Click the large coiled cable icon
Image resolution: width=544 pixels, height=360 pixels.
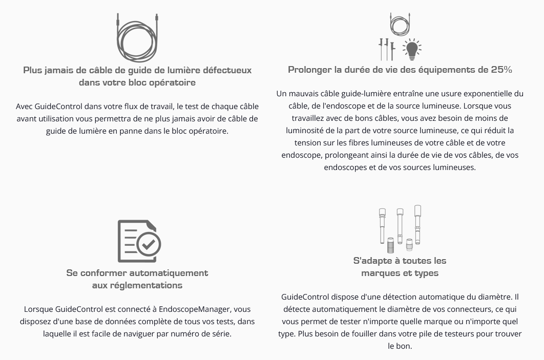(x=137, y=39)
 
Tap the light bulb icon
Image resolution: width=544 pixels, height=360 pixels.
(x=412, y=50)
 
